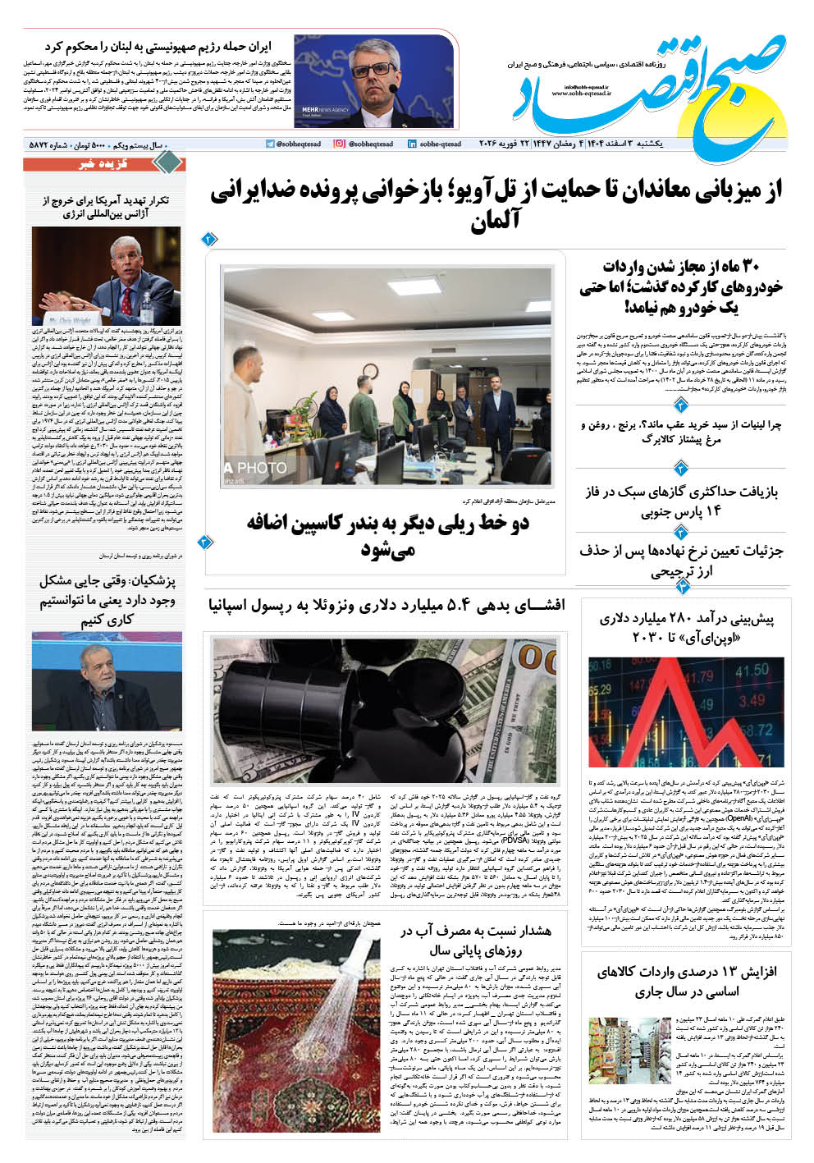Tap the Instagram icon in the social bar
pos(340,144)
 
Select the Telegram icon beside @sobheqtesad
pos(271,144)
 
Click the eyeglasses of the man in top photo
pos(374,68)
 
